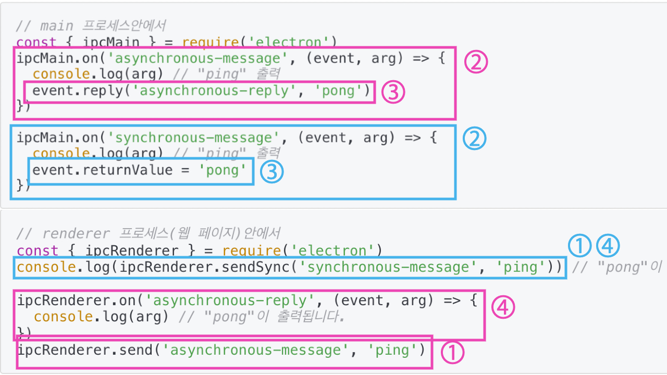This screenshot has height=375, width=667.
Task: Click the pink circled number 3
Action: click(x=393, y=93)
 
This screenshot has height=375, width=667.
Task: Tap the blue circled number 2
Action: click(x=474, y=138)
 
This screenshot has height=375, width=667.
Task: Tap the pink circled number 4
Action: click(x=503, y=307)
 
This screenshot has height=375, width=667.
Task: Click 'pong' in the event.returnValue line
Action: click(x=223, y=170)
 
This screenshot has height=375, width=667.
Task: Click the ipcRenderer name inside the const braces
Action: click(x=131, y=251)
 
